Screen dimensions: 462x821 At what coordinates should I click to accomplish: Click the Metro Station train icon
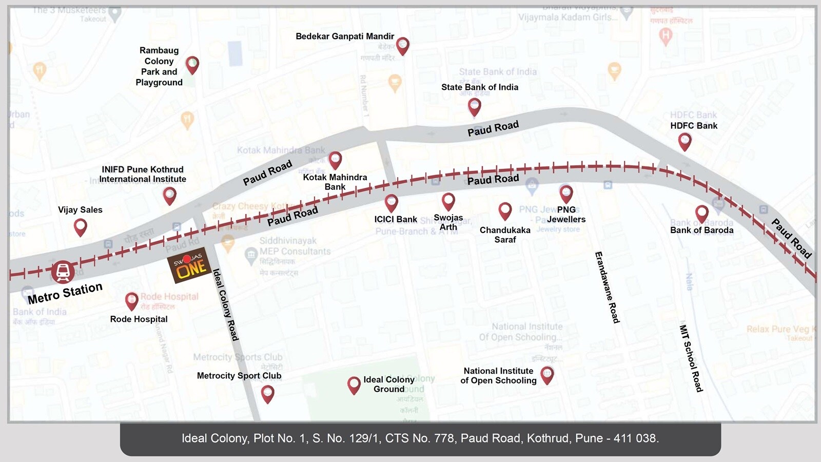63,272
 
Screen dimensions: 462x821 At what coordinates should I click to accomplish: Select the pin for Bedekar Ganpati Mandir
403,46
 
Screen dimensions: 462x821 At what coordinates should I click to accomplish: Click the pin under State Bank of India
475,106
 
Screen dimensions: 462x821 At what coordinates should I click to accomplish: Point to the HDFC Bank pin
685,141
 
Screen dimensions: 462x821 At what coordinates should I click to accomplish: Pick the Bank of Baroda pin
701,214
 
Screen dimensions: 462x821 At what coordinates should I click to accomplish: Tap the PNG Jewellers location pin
566,194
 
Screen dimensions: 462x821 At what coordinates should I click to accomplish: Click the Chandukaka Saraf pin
505,210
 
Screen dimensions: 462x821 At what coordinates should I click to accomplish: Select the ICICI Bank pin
392,203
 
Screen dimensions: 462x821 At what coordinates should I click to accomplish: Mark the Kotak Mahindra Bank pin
335,160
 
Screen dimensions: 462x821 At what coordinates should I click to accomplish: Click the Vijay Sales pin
81,226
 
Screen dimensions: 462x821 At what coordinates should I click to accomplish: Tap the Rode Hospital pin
132,301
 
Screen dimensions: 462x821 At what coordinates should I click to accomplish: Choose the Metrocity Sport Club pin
267,394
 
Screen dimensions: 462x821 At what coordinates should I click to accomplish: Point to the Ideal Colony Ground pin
354,384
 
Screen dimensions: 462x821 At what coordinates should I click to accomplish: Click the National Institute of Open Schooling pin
547,375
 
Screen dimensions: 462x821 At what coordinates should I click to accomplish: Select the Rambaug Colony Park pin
192,65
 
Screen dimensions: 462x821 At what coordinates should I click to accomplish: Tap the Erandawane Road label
607,287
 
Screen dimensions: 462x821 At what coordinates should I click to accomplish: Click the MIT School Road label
691,358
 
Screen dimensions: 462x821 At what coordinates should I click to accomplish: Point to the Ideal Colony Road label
226,304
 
